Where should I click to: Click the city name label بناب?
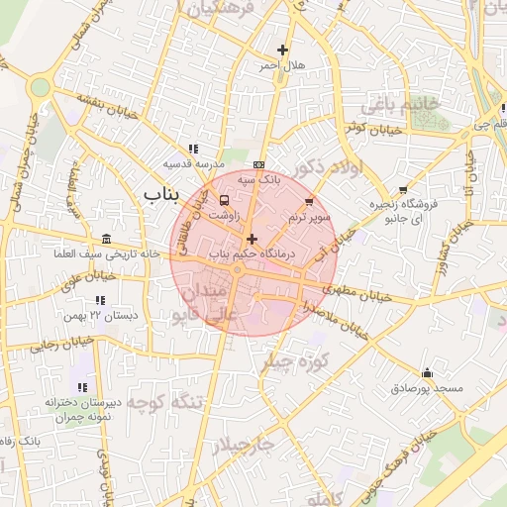coord(160,192)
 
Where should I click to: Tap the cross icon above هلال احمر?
coord(283,50)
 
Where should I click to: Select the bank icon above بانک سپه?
coord(259,164)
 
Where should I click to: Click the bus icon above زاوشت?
coord(222,200)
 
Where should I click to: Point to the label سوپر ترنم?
coord(309,216)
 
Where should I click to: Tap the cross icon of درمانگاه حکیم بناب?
coord(253,239)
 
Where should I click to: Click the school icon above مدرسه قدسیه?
coord(193,148)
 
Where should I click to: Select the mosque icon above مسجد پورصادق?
coord(427,373)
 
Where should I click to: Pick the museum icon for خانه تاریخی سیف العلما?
coord(106,239)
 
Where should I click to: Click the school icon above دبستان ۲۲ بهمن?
coord(99,299)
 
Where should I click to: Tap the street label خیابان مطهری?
coord(355,294)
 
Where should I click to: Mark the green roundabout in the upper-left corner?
coord(40,87)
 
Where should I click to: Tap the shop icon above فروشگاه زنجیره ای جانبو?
coord(402,190)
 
